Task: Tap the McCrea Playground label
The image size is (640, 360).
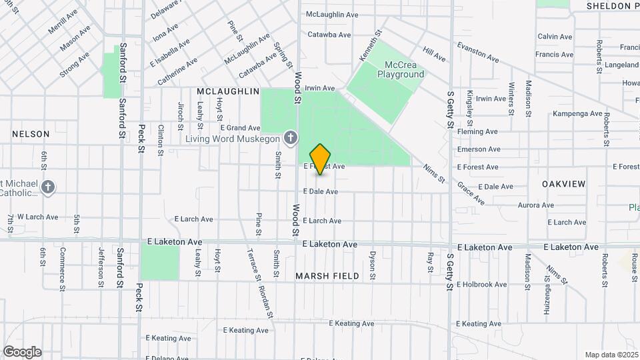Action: pos(401,69)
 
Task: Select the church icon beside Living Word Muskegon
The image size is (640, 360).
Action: pos(290,138)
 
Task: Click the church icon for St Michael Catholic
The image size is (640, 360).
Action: pos(47,187)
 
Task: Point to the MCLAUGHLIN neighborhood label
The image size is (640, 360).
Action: pos(228,91)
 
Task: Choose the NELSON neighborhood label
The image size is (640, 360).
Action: pos(31,134)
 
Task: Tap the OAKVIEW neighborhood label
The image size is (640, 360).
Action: pos(563,183)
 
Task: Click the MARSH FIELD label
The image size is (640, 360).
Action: pos(327,275)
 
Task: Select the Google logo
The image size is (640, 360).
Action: pos(22,351)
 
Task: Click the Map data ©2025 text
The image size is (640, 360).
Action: pos(611,355)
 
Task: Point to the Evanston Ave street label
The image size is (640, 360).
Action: pos(478,53)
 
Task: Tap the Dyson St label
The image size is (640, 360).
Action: pos(373,265)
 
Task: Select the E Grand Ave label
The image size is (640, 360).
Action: pos(240,127)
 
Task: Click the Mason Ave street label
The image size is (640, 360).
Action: pos(75,38)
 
